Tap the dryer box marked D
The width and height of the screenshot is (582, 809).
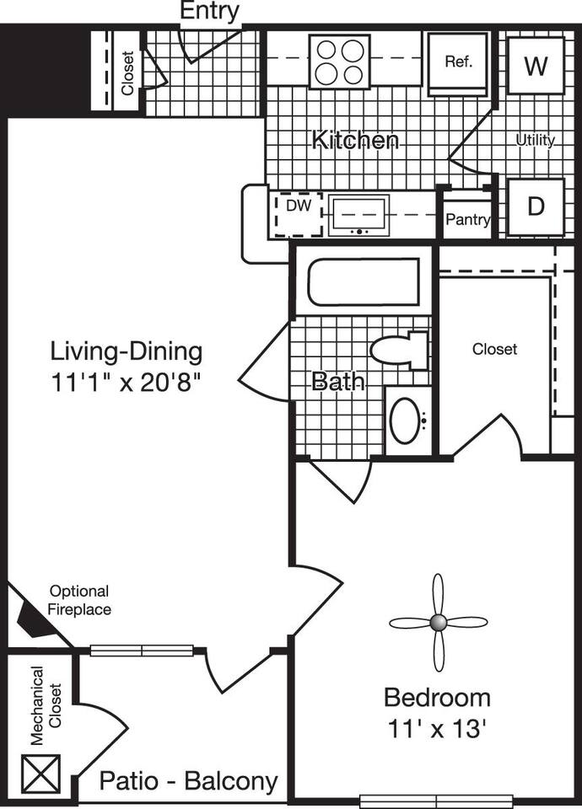535,206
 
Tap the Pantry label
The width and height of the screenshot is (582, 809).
467,220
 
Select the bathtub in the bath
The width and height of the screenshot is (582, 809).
364,282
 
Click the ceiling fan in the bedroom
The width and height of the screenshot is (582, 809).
438,623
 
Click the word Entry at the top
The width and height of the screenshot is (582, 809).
210,12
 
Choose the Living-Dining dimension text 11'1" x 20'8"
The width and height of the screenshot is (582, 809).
127,381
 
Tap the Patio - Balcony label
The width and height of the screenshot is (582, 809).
188,781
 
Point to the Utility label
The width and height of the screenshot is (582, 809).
536,140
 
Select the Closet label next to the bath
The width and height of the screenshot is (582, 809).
494,349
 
